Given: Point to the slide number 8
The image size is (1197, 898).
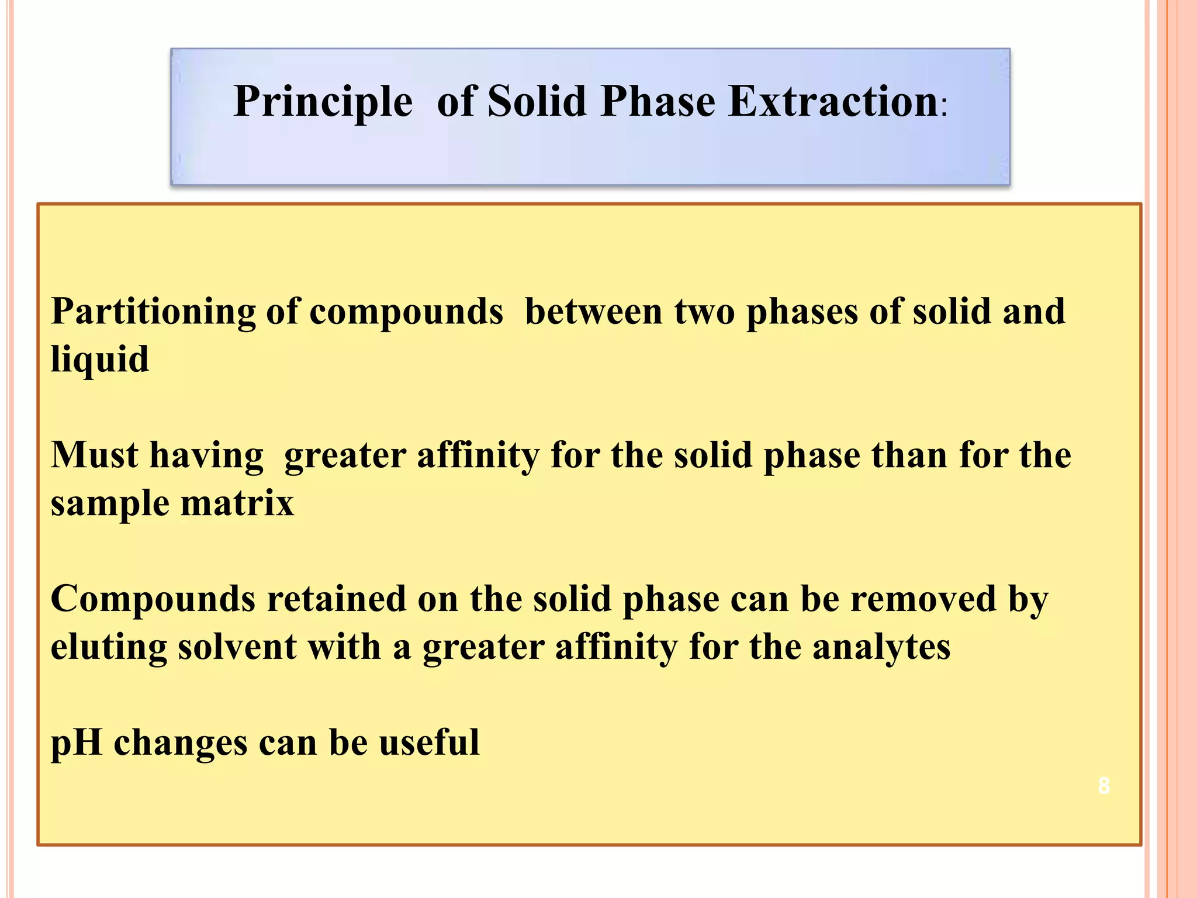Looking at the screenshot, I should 1103,786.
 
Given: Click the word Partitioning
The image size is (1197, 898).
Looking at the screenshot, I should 153,312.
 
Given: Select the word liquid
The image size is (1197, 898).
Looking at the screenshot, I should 99,360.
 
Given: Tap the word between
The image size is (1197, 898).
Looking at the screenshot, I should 593,312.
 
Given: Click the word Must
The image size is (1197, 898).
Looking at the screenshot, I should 95,455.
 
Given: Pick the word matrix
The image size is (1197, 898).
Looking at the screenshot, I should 237,503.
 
